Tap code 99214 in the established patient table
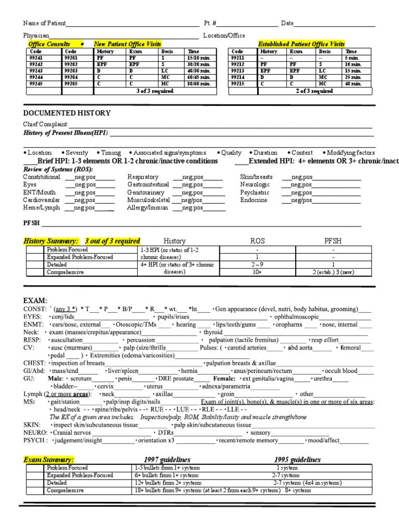point(237,77)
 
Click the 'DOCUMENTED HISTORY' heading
point(66,113)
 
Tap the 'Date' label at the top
point(287,23)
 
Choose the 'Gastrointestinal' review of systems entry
point(149,184)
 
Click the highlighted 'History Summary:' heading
point(51,241)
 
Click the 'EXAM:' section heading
point(35,301)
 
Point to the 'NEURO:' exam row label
point(36,432)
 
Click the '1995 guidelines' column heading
point(297,460)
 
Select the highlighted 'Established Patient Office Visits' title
point(301,45)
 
